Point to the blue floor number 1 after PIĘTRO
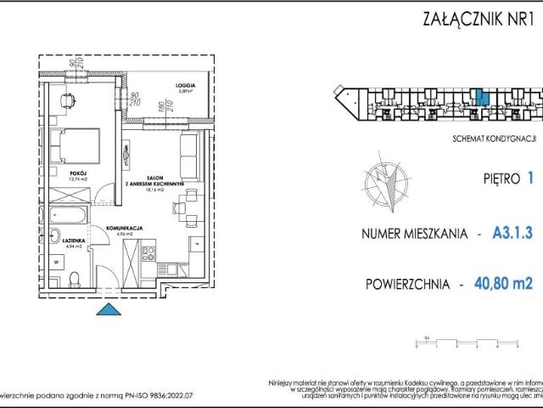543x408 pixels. pyautogui.click(x=530, y=178)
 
